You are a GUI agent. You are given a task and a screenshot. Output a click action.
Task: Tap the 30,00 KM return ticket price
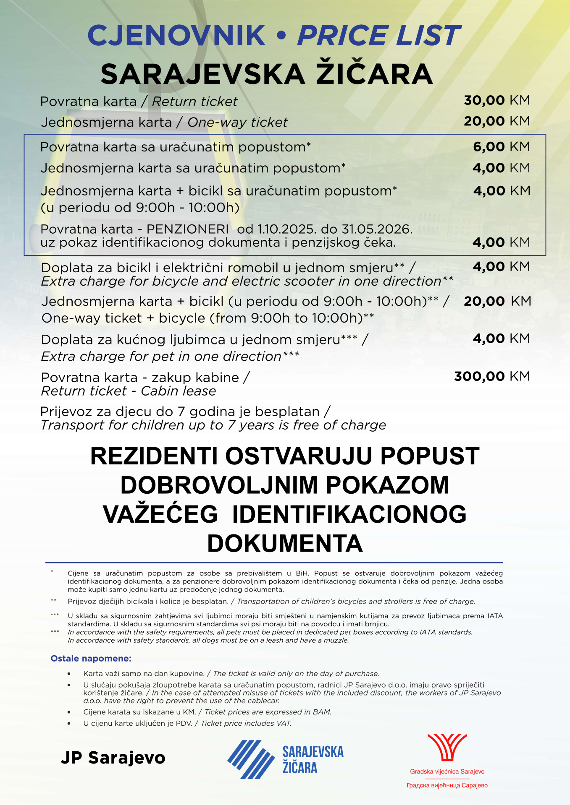pos(497,101)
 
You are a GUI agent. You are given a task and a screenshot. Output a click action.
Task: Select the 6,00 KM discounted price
pos(501,147)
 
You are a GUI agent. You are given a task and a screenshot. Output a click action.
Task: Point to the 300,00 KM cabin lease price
pos(492,376)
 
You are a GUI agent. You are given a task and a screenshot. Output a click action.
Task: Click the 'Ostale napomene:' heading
pos(91,658)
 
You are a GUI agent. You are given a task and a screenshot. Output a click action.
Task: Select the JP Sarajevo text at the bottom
pos(113,758)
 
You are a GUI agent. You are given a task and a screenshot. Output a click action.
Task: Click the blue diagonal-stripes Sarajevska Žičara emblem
pos(251,759)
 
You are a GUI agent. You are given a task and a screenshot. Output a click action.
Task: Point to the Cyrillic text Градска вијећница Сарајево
pos(447,785)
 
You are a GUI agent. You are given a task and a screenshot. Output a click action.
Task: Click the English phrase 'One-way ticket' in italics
pos(237,122)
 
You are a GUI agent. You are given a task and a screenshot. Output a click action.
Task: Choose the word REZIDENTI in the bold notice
pos(154,456)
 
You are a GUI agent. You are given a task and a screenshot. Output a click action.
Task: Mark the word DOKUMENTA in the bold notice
pos(285,544)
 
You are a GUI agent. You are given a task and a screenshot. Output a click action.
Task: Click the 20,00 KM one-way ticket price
pos(497,122)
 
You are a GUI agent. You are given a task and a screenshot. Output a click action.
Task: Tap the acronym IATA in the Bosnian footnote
pos(495,616)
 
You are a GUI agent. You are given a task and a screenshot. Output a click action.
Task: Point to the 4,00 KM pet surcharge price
pos(501,339)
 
